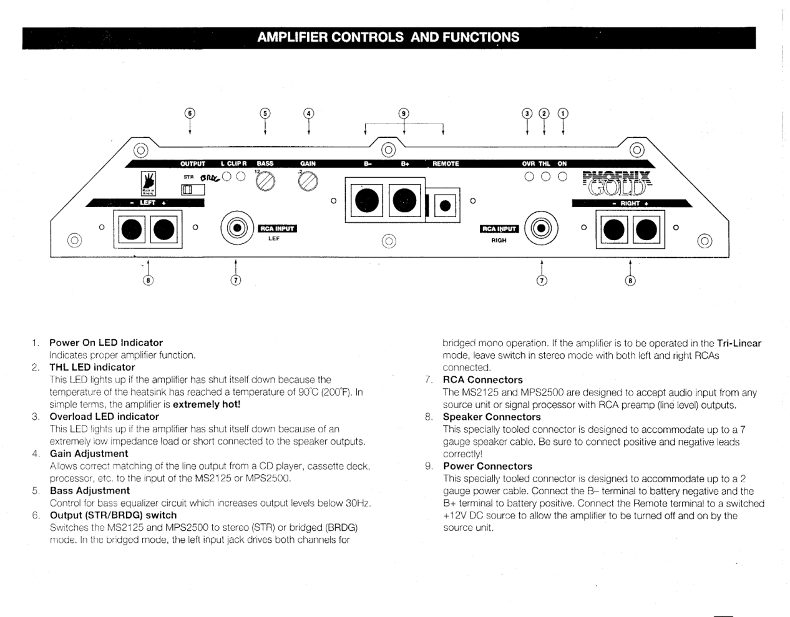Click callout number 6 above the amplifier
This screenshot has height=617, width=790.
tap(190, 114)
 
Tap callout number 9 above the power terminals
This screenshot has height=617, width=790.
tap(404, 114)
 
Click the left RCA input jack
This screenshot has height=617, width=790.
tap(235, 228)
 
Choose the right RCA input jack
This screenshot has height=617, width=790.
tap(541, 228)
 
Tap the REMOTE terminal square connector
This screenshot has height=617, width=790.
tap(444, 205)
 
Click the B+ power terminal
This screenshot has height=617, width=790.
tap(406, 199)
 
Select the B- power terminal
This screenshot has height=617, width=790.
tap(366, 199)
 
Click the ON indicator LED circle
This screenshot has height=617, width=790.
tap(562, 177)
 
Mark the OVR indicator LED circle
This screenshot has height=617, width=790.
tap(529, 177)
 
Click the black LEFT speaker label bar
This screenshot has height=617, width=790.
tap(145, 203)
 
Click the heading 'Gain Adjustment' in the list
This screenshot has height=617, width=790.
tap(89, 454)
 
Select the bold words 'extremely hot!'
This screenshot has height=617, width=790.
tap(207, 404)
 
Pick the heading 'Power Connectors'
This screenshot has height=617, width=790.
tap(487, 466)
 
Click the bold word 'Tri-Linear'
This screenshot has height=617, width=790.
tap(739, 343)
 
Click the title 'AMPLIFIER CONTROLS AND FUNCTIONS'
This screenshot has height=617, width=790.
tap(388, 37)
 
